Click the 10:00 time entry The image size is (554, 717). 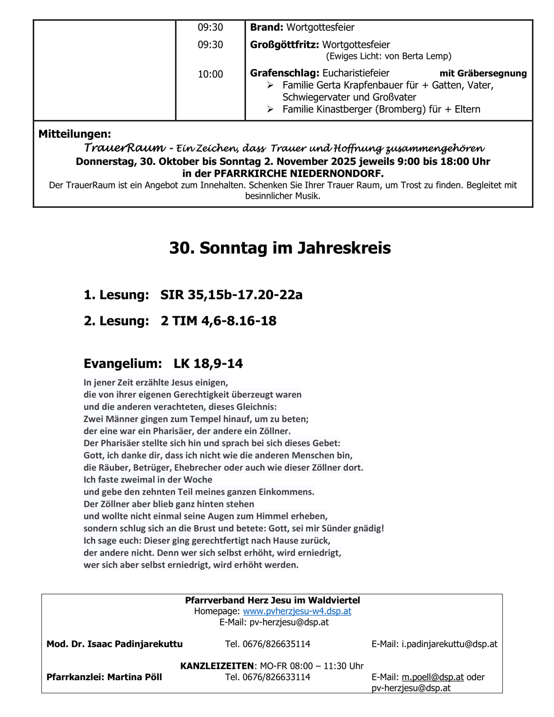(x=210, y=74)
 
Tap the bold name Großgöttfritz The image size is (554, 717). (x=284, y=45)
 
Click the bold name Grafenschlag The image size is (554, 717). (x=284, y=74)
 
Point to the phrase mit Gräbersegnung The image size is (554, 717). (x=483, y=74)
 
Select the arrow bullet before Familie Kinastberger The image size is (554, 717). (x=271, y=109)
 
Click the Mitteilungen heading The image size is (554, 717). (x=75, y=134)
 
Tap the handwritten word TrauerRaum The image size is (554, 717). (x=124, y=148)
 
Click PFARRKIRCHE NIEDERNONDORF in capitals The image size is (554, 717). (x=298, y=174)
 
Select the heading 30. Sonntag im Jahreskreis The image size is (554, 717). (x=280, y=248)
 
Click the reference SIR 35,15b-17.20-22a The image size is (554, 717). (x=231, y=295)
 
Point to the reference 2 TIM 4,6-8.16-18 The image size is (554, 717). (x=218, y=321)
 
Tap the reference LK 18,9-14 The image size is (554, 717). (x=208, y=364)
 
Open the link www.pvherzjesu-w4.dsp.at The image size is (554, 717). (x=297, y=611)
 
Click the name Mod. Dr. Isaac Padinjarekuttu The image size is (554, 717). (x=114, y=644)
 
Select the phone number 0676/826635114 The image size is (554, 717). (x=276, y=644)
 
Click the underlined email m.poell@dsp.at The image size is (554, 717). (x=433, y=677)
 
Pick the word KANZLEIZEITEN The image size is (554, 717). (x=217, y=666)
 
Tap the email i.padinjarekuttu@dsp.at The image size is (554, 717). (x=449, y=644)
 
